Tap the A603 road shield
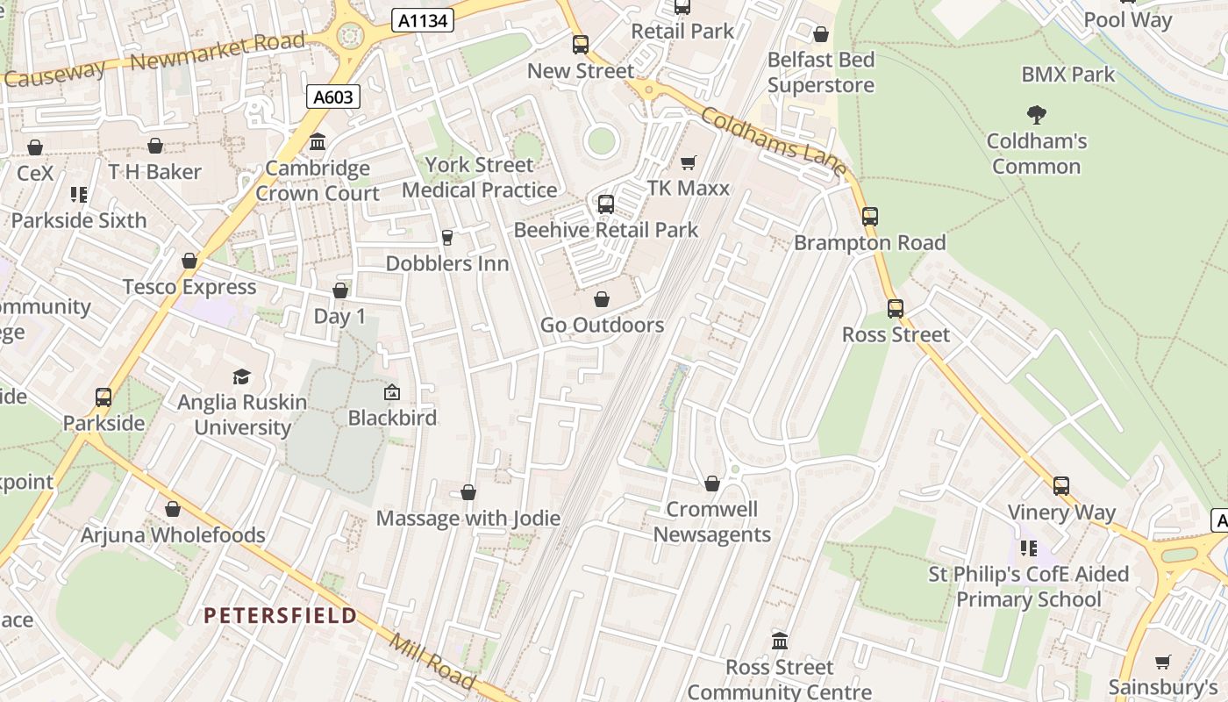click(333, 97)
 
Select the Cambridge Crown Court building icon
click(318, 141)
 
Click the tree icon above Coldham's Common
click(1036, 114)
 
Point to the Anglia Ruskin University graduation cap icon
click(241, 376)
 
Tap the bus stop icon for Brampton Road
click(869, 216)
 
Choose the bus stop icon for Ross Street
click(895, 308)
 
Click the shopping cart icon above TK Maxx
click(689, 162)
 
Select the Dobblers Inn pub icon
click(446, 237)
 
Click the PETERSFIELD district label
click(281, 615)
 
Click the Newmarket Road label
click(218, 52)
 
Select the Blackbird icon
click(391, 392)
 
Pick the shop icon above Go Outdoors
click(602, 299)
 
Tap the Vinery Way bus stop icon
click(1060, 485)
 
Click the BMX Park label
click(1067, 75)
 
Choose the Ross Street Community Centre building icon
click(779, 641)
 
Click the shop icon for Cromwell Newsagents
click(711, 484)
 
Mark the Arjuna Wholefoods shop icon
click(173, 509)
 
